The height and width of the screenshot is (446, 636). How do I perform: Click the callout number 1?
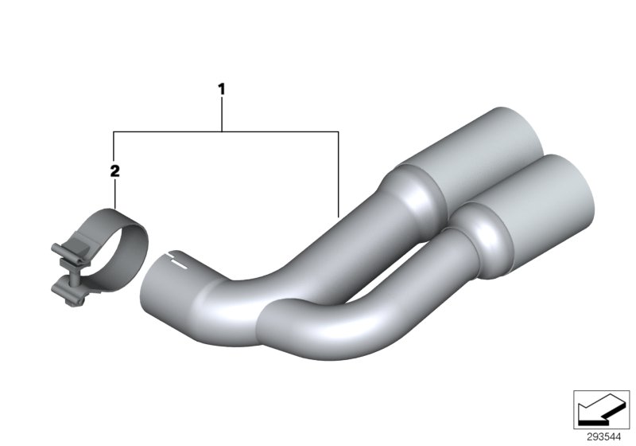(x=222, y=89)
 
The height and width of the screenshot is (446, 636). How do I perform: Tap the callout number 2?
(x=114, y=171)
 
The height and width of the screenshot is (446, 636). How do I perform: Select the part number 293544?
(x=603, y=437)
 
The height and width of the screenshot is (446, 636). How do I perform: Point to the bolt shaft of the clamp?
(x=75, y=279)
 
